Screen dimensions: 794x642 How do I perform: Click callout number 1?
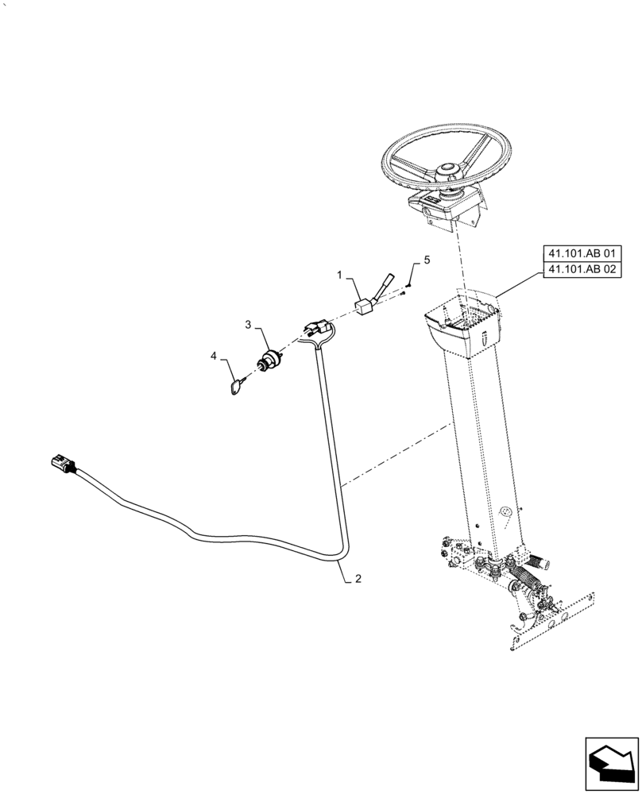pos(340,276)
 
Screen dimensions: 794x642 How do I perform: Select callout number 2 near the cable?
pos(358,580)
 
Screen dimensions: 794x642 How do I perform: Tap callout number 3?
pos(248,326)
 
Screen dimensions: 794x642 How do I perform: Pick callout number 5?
pos(426,260)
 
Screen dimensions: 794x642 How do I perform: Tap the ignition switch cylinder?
pos(269,360)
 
